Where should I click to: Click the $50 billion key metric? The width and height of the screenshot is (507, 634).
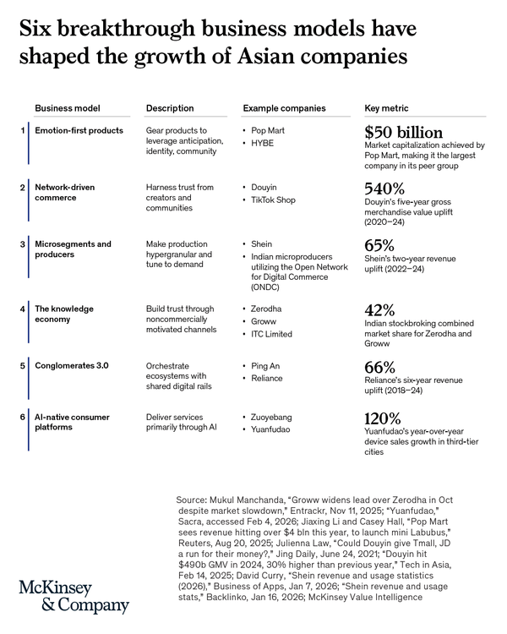click(403, 133)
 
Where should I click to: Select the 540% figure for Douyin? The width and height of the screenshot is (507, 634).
click(384, 189)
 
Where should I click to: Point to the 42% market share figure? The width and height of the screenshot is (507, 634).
click(380, 310)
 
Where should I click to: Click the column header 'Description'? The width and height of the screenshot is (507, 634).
click(170, 108)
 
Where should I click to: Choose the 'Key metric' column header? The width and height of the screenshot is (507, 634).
click(388, 108)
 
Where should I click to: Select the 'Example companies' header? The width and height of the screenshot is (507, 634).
click(284, 108)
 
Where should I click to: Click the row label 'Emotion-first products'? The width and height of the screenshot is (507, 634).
click(79, 130)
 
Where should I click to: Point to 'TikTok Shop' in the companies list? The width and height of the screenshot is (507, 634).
click(273, 200)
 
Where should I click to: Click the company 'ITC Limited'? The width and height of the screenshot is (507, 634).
click(271, 334)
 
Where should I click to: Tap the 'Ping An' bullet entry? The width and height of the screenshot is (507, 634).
click(266, 366)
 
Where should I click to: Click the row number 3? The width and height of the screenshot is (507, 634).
click(23, 244)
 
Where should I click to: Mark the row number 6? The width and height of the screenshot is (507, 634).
click(23, 417)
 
